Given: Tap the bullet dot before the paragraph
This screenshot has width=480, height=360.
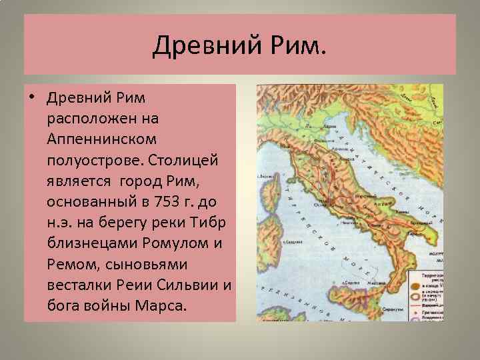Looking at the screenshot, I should [31, 98].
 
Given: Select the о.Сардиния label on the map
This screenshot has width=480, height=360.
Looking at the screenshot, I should [267, 225].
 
